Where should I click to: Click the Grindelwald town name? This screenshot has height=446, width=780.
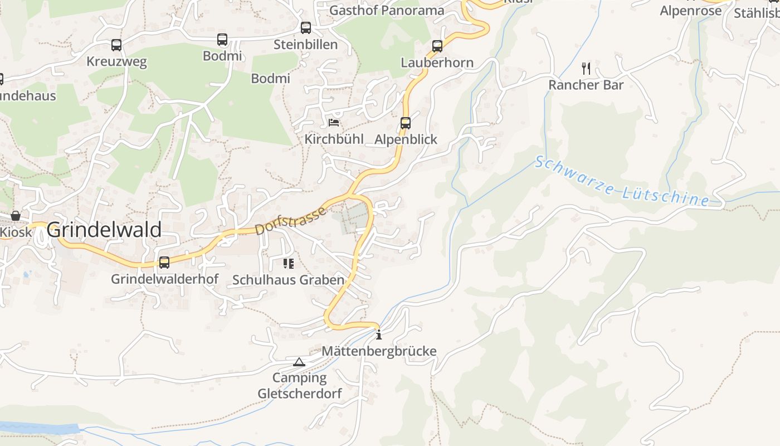pos(104,230)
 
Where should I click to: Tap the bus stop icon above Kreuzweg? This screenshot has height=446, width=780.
pos(116,45)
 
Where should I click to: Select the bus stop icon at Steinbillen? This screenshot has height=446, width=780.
pos(305,28)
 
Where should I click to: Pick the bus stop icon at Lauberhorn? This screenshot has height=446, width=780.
pos(437,46)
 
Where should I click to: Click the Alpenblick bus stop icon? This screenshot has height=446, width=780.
pos(406,123)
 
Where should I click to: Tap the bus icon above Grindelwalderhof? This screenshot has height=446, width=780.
pos(164,263)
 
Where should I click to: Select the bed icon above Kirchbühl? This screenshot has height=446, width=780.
pos(334,123)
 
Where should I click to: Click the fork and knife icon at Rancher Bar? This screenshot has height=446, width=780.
pos(586,69)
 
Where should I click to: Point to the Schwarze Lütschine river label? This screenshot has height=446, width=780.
pos(622,182)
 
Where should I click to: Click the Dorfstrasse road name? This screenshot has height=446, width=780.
pos(290,221)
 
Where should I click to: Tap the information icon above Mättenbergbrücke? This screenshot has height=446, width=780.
pos(379,334)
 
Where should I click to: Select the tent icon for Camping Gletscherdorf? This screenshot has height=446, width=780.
pos(299,362)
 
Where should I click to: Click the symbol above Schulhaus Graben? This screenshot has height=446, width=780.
pos(288,263)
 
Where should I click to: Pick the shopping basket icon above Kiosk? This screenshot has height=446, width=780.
pos(16,216)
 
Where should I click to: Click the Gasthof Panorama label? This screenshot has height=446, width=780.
pos(387,10)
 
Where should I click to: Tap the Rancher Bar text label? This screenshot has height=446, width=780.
pos(586,85)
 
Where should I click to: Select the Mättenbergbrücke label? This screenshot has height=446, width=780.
pos(379,351)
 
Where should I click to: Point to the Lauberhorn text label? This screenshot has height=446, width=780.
pos(437,62)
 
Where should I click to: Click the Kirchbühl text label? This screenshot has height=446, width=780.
pos(334,139)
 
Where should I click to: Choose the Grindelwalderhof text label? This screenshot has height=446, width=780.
pos(164,279)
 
